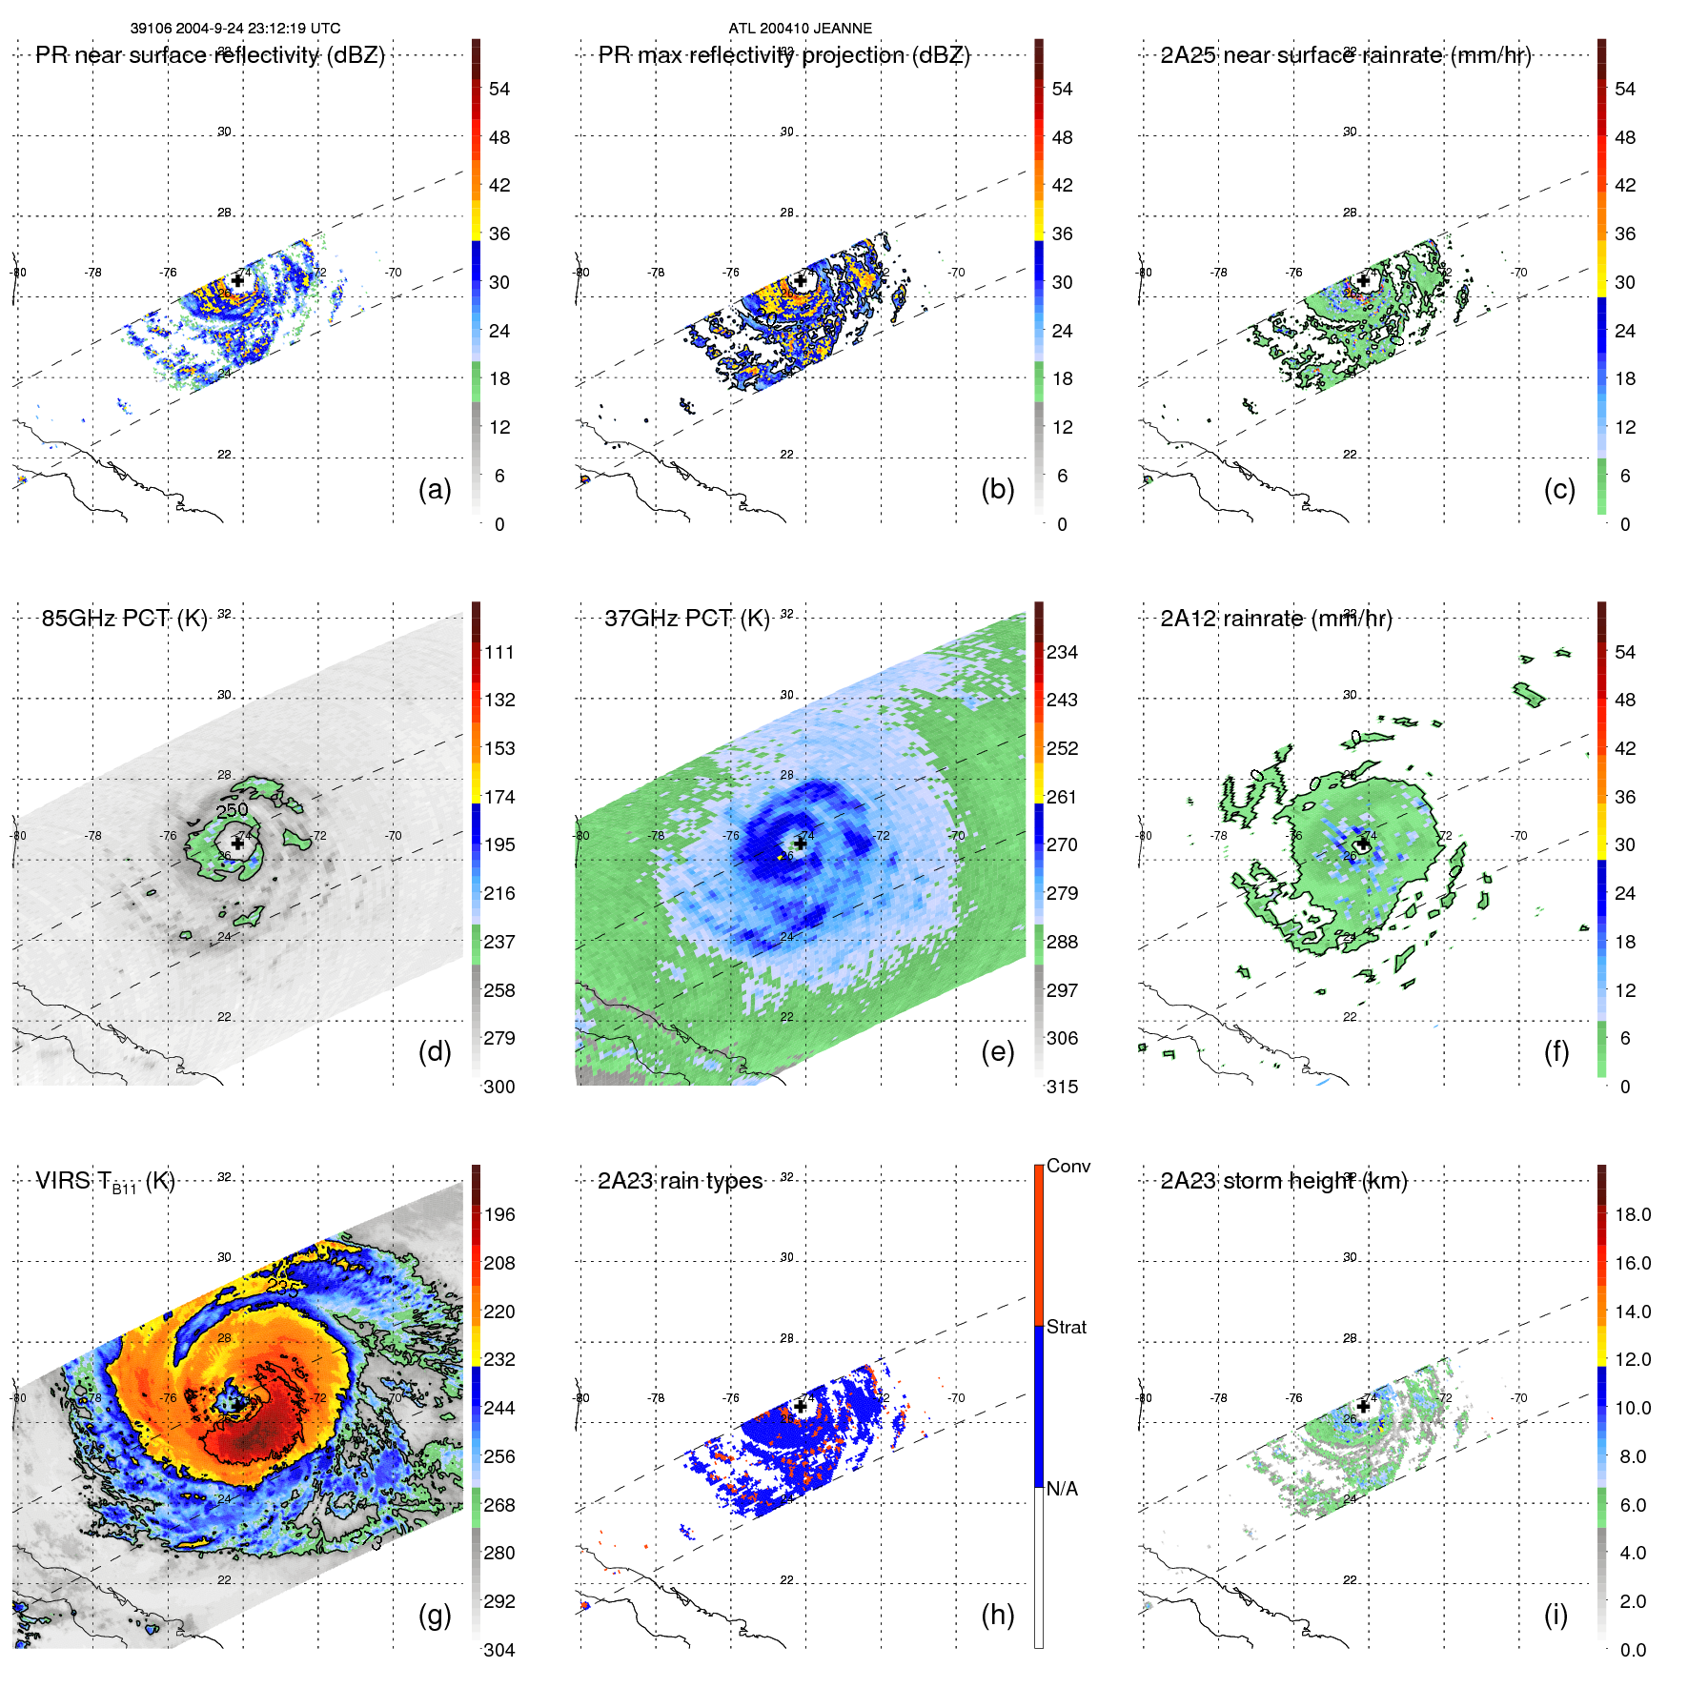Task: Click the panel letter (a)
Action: point(435,489)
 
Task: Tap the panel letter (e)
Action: point(997,1051)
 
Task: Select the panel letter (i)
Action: point(1556,1615)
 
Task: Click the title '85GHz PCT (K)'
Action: point(124,618)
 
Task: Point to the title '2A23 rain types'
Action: point(680,1181)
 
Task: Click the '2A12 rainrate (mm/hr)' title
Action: point(1275,618)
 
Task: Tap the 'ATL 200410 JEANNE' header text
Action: point(800,29)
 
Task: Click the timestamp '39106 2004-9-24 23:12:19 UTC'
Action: point(235,29)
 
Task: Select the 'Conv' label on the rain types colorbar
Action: point(1068,1166)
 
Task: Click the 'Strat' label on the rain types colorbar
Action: point(1066,1327)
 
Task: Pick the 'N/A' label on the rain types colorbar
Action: point(1062,1489)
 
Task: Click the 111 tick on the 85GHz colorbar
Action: point(498,652)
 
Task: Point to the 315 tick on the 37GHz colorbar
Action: point(1062,1087)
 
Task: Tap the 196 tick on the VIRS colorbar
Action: point(498,1214)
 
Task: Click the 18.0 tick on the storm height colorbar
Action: point(1632,1214)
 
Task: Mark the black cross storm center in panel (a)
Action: point(237,280)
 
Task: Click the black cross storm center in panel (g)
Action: point(237,1406)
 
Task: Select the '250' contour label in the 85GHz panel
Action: point(232,810)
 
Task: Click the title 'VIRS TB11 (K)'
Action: point(105,1182)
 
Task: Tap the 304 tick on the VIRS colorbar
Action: point(498,1650)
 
